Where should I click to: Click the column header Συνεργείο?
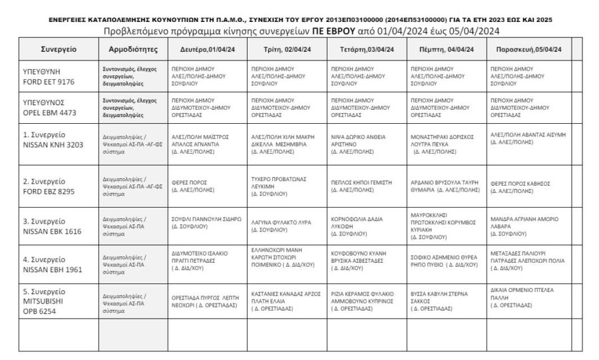[58, 49]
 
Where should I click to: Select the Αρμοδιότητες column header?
[132, 49]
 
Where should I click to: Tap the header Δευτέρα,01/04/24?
[207, 49]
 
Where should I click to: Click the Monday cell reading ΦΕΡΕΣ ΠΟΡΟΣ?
[193, 186]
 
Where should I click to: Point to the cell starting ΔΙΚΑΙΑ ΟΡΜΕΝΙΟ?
[522, 297]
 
